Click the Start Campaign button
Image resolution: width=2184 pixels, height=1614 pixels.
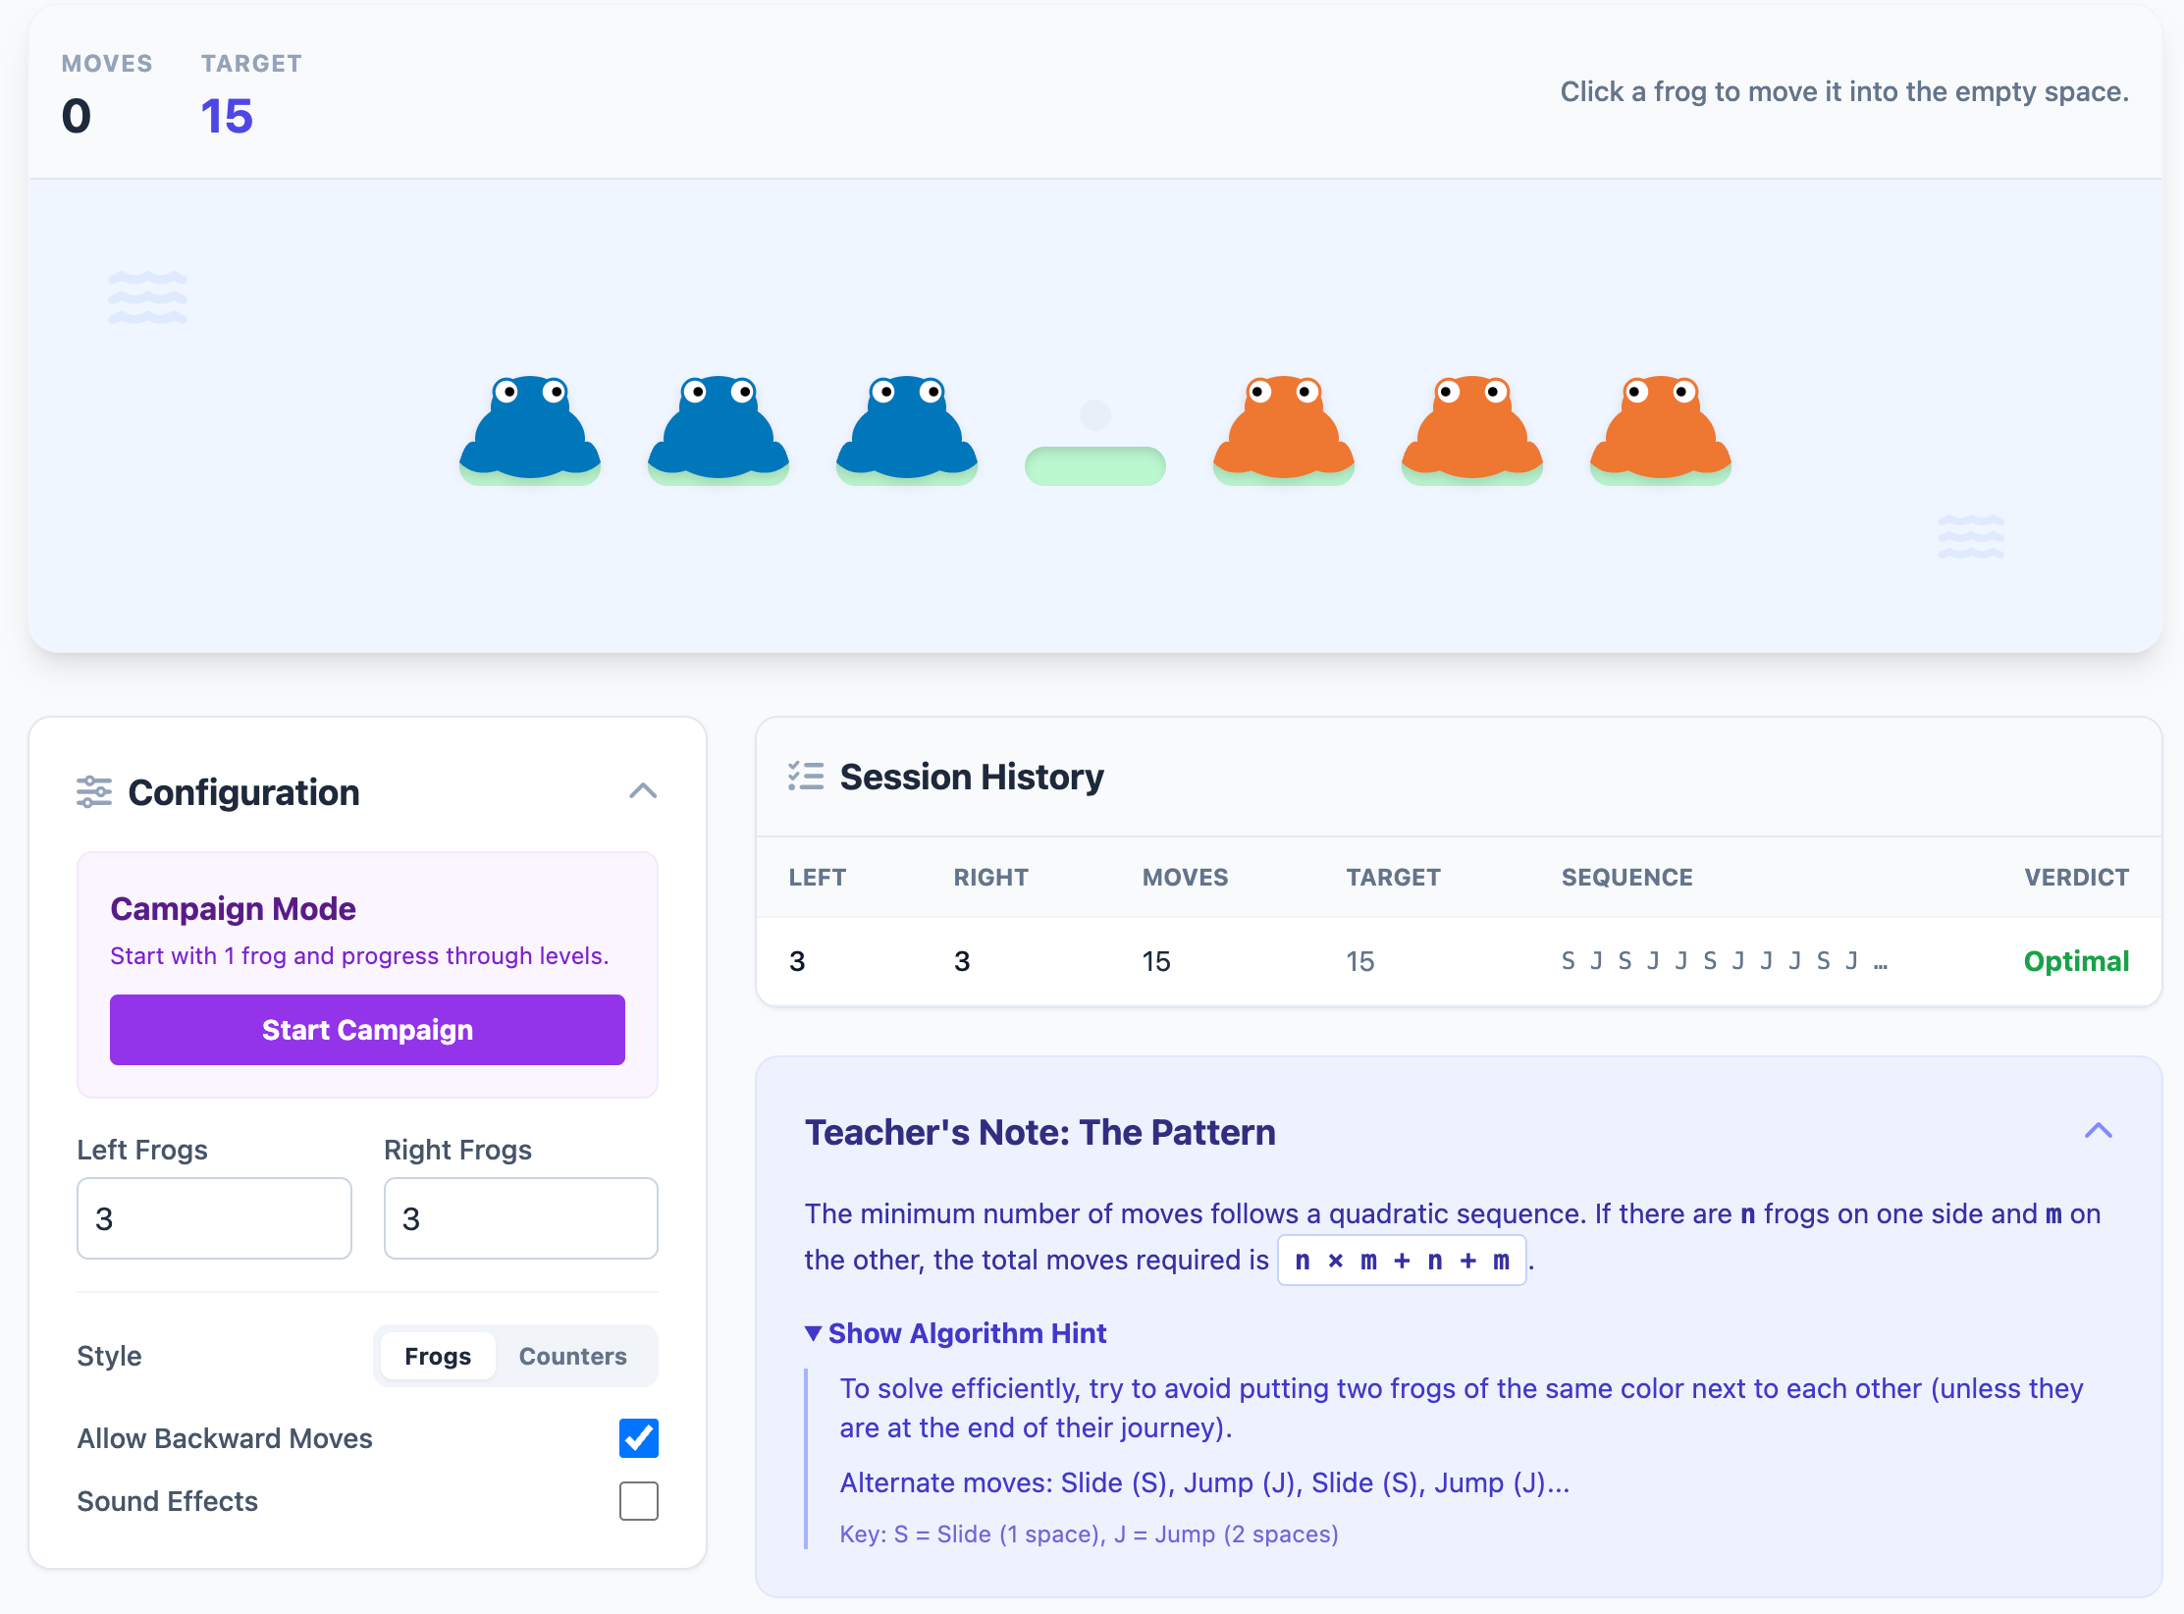point(367,1030)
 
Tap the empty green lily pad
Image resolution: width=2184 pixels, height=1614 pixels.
point(1094,464)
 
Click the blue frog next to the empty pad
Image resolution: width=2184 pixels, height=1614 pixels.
point(906,431)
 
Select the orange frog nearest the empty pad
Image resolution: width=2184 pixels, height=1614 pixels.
point(1283,431)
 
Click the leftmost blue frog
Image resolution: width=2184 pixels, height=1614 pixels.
point(530,431)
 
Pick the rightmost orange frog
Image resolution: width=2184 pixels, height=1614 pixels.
point(1660,431)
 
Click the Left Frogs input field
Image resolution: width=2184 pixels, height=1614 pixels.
point(214,1218)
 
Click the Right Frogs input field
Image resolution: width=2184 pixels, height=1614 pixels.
point(520,1218)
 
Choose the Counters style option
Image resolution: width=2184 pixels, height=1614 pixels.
point(572,1356)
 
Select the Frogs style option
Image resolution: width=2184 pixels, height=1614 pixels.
point(438,1356)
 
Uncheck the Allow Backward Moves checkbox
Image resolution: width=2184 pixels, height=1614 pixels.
point(638,1438)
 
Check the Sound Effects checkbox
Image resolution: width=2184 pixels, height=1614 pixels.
point(638,1501)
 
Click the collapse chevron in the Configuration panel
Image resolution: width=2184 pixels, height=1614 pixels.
point(643,791)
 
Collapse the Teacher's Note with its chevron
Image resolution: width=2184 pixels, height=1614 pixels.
point(2098,1131)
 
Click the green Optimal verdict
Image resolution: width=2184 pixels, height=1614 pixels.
point(2076,961)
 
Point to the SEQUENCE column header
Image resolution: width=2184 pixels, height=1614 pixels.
point(1626,878)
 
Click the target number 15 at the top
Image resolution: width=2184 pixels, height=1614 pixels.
point(227,116)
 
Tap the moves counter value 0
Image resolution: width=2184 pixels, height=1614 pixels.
point(77,116)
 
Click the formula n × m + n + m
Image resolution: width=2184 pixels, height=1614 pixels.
point(1401,1261)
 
